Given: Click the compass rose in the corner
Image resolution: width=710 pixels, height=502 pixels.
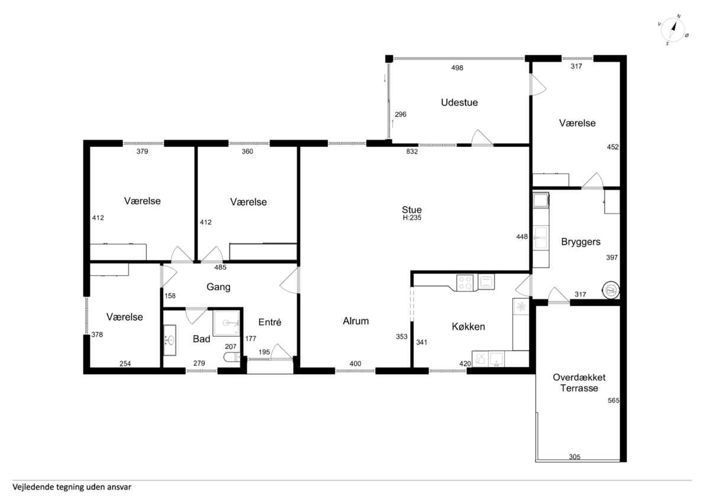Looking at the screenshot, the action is pyautogui.click(x=673, y=30).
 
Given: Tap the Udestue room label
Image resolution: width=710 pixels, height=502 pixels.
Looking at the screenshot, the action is pyautogui.click(x=459, y=102).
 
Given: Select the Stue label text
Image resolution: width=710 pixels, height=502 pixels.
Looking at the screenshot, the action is pyautogui.click(x=412, y=210).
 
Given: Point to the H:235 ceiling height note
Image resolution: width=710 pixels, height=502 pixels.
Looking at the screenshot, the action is pyautogui.click(x=412, y=218).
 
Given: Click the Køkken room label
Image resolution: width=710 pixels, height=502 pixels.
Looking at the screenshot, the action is pyautogui.click(x=469, y=327).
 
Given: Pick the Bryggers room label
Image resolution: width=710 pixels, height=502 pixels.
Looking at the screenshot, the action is pyautogui.click(x=580, y=242).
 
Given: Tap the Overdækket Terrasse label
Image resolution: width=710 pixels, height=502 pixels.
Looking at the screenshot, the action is pyautogui.click(x=579, y=382).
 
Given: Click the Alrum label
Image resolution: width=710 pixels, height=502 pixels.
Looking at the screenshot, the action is pyautogui.click(x=356, y=321).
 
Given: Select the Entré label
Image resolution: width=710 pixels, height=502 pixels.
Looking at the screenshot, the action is pyautogui.click(x=270, y=322).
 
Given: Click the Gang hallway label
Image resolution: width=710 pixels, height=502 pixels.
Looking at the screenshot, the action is pyautogui.click(x=218, y=287).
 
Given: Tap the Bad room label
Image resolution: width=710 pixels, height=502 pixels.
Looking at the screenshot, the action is pyautogui.click(x=202, y=339).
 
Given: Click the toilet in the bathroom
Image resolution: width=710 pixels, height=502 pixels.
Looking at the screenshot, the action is pyautogui.click(x=232, y=358).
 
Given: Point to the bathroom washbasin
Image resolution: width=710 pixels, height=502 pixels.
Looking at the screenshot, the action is pyautogui.click(x=170, y=340).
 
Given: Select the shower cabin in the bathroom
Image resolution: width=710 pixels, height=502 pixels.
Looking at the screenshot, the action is pyautogui.click(x=226, y=323).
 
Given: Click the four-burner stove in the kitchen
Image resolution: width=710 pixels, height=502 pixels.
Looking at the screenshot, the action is pyautogui.click(x=464, y=283).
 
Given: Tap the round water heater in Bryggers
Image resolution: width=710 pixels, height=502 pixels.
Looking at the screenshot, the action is pyautogui.click(x=611, y=290).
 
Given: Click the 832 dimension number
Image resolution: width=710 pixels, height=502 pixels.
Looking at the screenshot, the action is pyautogui.click(x=412, y=152).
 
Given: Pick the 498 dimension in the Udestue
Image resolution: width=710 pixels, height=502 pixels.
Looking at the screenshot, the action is pyautogui.click(x=457, y=67).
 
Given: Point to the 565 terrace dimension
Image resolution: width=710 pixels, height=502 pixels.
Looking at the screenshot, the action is pyautogui.click(x=614, y=401).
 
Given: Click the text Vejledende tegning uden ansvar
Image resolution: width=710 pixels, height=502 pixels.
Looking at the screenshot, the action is pyautogui.click(x=72, y=487).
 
